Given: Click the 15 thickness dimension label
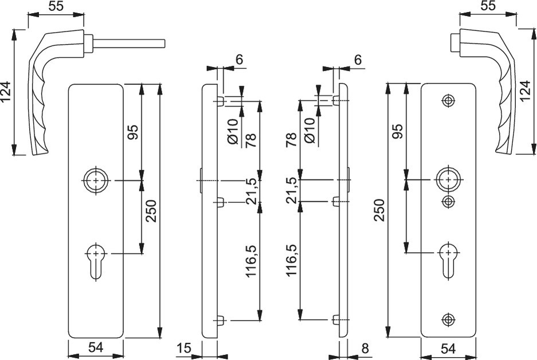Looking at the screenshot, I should click(184, 347).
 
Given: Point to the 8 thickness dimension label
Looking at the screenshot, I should click(365, 347).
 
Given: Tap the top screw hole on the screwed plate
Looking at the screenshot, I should click(448, 100).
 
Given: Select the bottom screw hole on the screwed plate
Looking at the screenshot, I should click(448, 319).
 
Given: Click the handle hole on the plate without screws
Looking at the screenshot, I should click(95, 181).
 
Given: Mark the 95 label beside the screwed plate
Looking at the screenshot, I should click(398, 131).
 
